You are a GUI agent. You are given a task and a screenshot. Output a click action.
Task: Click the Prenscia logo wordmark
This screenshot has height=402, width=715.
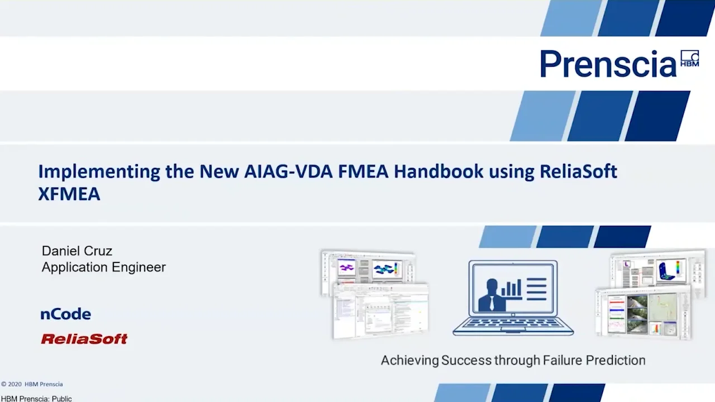coord(608,64)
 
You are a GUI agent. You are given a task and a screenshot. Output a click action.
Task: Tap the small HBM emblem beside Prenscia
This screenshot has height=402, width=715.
coord(689,58)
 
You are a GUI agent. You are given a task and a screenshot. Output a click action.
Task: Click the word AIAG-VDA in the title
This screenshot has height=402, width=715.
coord(288,171)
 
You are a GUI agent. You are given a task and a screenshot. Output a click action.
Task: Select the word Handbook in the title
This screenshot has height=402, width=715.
coord(438,171)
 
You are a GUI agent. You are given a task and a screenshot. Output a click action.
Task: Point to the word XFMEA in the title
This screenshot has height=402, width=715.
coord(69,194)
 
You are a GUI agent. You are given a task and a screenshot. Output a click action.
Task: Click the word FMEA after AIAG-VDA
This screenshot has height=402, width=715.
coord(363,171)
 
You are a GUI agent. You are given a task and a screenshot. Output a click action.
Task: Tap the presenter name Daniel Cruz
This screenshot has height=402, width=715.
coord(77,251)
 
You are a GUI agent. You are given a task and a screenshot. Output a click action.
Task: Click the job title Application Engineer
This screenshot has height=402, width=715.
coord(104,267)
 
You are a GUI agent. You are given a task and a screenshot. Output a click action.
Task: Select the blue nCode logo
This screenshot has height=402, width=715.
coord(66,314)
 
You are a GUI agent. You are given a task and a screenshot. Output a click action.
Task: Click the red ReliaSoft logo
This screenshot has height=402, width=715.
coord(84,339)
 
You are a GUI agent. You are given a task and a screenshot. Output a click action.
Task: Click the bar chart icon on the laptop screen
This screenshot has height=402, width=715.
coord(511,288)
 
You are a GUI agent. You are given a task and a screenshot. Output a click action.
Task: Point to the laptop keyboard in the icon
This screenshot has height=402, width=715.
coord(513,324)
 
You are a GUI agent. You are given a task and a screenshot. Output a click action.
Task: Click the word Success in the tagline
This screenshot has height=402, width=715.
coord(466,361)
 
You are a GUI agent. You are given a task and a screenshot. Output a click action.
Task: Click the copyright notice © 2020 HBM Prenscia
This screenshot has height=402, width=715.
coord(32,384)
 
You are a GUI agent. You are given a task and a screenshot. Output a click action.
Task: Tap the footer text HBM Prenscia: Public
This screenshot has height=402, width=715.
coord(36,399)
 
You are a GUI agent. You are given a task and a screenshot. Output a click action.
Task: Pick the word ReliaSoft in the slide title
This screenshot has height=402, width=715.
coord(578,171)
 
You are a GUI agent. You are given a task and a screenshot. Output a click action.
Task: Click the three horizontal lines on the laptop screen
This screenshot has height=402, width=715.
coord(536,289)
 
